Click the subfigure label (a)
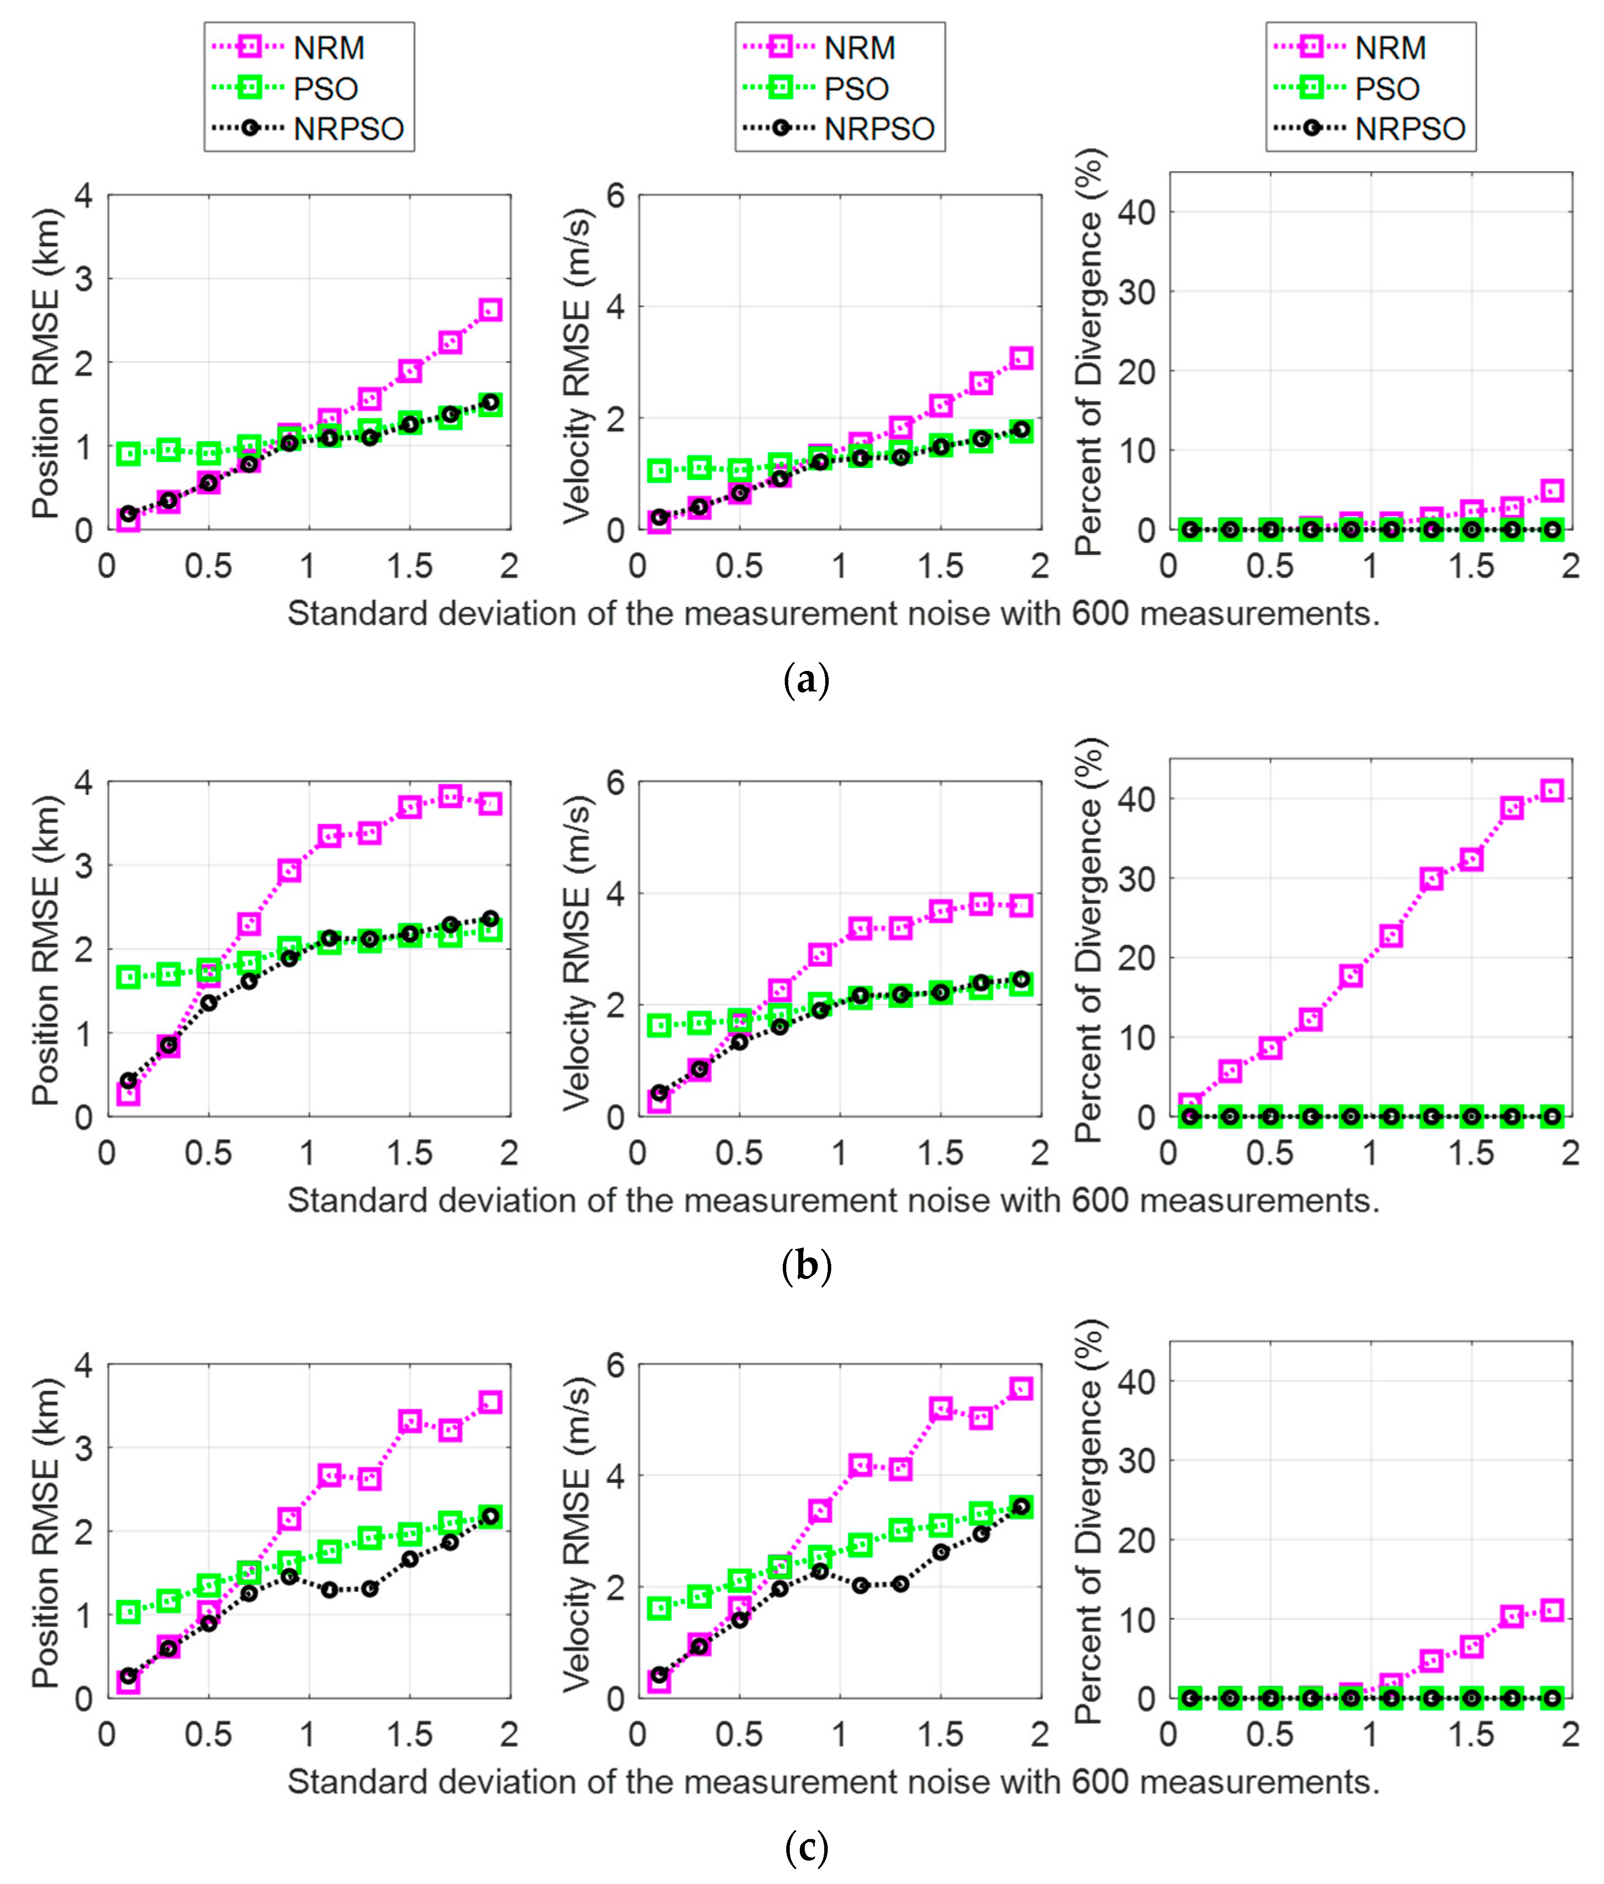(x=806, y=680)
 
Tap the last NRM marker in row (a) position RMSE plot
(x=490, y=310)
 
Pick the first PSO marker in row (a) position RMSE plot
(x=128, y=453)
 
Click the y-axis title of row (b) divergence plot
(x=1089, y=938)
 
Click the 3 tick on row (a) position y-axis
(x=83, y=279)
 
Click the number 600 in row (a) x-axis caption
(x=1100, y=614)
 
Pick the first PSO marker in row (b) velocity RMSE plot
(x=659, y=1026)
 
